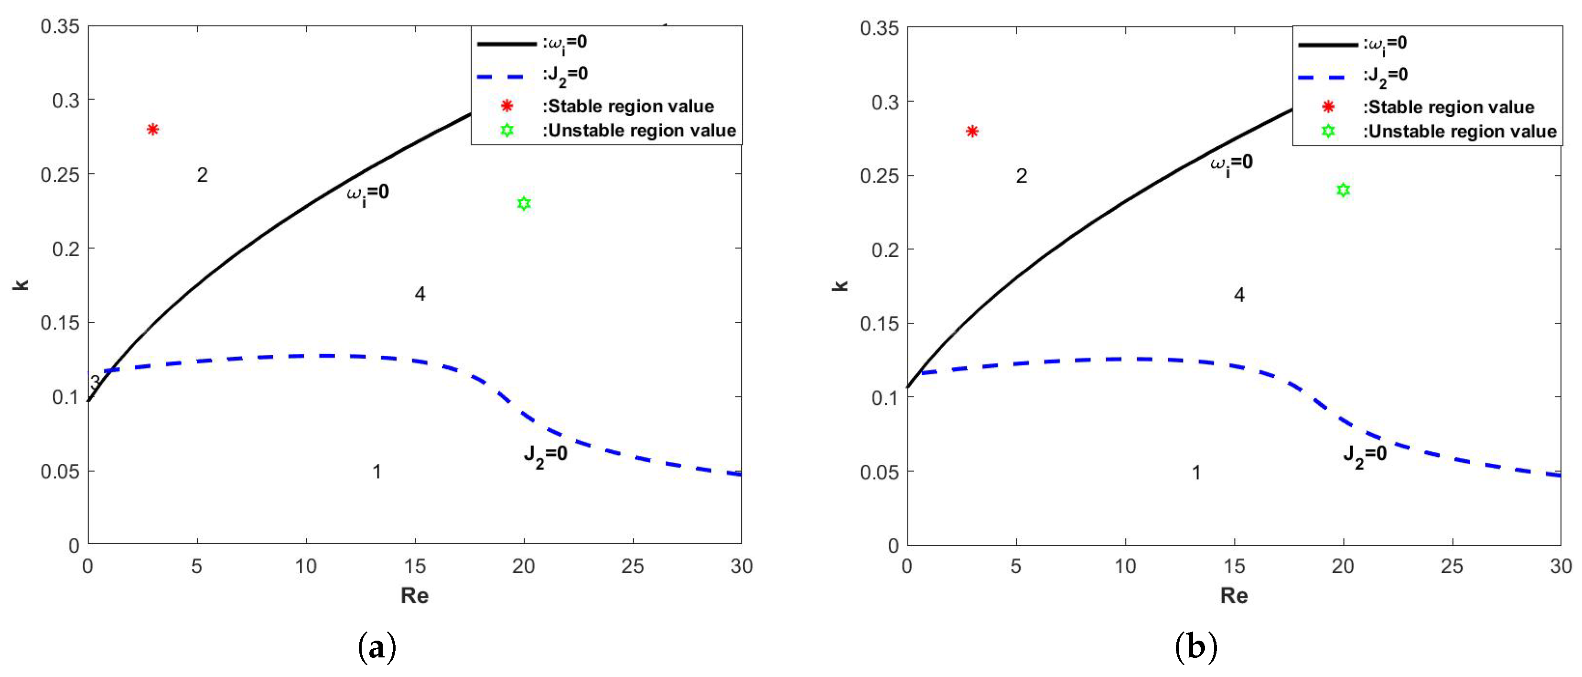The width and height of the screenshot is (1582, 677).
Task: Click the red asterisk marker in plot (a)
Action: pyautogui.click(x=153, y=129)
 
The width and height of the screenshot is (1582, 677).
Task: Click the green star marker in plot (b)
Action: pyautogui.click(x=1343, y=190)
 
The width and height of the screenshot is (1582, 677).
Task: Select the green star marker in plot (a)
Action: pyautogui.click(x=523, y=203)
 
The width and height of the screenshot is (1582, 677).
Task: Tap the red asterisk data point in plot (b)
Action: pyautogui.click(x=971, y=131)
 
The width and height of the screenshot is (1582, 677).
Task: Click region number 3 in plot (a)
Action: pyautogui.click(x=95, y=382)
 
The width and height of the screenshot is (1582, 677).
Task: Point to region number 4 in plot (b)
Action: pyautogui.click(x=1239, y=295)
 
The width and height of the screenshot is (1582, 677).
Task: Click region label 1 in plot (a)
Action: pyautogui.click(x=377, y=472)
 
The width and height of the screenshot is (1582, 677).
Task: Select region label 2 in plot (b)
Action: pyautogui.click(x=1021, y=176)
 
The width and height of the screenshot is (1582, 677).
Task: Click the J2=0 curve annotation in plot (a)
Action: pyautogui.click(x=545, y=455)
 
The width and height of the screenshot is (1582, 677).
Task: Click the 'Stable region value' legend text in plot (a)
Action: pyautogui.click(x=631, y=106)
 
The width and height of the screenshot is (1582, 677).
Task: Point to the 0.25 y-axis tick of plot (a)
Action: pyautogui.click(x=60, y=175)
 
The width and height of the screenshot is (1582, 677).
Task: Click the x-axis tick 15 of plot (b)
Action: pyautogui.click(x=1235, y=566)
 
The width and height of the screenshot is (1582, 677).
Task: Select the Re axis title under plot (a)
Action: pyautogui.click(x=415, y=595)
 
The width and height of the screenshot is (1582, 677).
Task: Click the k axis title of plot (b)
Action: pyautogui.click(x=841, y=285)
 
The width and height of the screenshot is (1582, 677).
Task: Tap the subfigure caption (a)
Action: pyautogui.click(x=377, y=647)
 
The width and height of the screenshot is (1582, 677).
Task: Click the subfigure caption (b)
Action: pyautogui.click(x=1195, y=647)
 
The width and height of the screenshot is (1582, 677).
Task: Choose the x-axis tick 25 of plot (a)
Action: pyautogui.click(x=633, y=566)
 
